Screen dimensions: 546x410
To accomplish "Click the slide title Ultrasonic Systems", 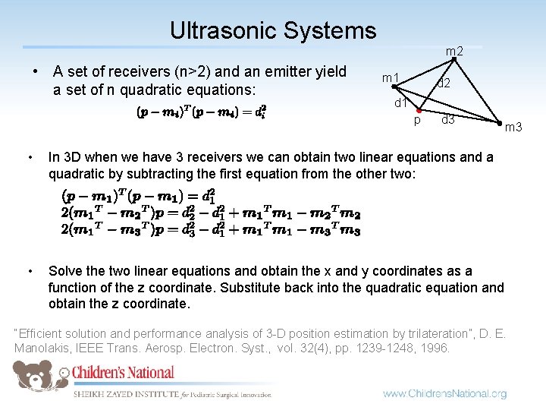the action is pyautogui.click(x=273, y=30).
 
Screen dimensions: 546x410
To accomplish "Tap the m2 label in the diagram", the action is pyautogui.click(x=454, y=52).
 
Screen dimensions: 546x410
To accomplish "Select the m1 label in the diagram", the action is pyautogui.click(x=391, y=78).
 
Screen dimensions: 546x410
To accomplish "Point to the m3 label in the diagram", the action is pyautogui.click(x=513, y=127).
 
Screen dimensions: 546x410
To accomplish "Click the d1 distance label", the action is pyautogui.click(x=401, y=103).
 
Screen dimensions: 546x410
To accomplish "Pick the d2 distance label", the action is pyautogui.click(x=444, y=83).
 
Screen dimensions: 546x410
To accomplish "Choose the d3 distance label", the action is pyautogui.click(x=448, y=119).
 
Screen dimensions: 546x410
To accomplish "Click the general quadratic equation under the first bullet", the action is pyautogui.click(x=201, y=112).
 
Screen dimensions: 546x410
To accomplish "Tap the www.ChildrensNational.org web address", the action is pyautogui.click(x=444, y=393).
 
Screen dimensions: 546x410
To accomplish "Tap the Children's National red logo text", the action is pyautogui.click(x=124, y=373).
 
